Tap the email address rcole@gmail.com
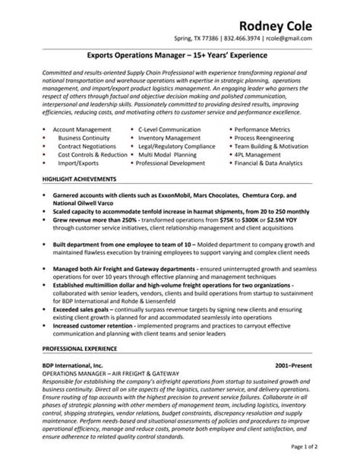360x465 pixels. coord(311,37)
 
